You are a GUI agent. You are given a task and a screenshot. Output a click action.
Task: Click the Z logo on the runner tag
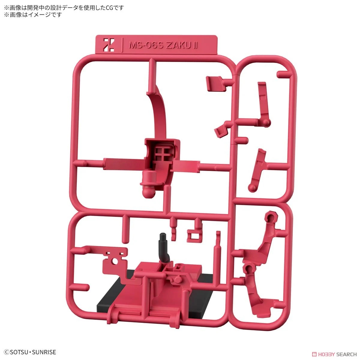(x=109, y=45)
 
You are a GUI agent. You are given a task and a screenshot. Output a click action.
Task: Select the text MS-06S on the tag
(x=146, y=45)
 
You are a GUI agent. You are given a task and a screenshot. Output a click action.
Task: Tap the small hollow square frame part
(x=194, y=236)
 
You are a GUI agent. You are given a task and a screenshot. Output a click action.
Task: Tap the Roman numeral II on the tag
(x=195, y=45)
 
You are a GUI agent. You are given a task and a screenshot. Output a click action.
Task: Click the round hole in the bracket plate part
(x=115, y=262)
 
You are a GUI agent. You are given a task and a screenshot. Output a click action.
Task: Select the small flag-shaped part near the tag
(x=215, y=83)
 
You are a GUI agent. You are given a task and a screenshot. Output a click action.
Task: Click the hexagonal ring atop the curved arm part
(x=271, y=217)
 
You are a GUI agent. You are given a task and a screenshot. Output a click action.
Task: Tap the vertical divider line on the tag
(x=122, y=45)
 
